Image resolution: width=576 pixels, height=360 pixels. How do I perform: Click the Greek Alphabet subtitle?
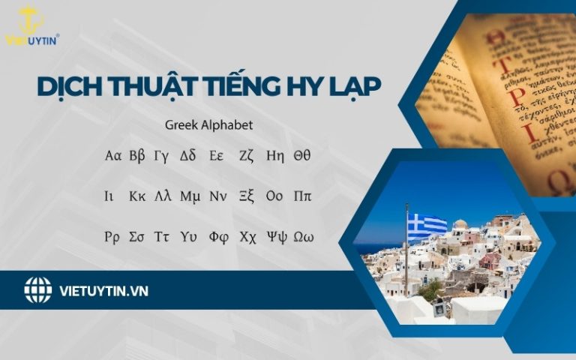[209, 125]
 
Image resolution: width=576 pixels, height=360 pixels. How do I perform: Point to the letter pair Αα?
[113, 156]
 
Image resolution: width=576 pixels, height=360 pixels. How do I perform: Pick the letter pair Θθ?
[301, 156]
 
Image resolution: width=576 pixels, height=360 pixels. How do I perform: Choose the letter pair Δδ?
[187, 156]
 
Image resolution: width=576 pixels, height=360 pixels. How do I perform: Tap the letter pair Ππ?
[302, 196]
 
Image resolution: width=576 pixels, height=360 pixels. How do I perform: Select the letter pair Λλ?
[163, 196]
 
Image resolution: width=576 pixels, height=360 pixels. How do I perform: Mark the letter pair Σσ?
[136, 237]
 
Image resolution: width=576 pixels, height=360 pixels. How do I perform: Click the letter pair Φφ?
[218, 237]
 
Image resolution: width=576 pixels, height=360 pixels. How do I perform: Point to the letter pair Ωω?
[303, 237]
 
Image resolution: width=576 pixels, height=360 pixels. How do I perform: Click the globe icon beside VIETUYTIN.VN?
[37, 290]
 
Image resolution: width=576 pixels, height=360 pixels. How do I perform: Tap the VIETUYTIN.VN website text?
[103, 290]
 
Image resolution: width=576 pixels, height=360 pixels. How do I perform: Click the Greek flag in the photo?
[427, 225]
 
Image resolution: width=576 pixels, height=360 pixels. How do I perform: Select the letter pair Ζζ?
[247, 156]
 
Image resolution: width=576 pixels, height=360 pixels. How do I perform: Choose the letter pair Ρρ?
[112, 237]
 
